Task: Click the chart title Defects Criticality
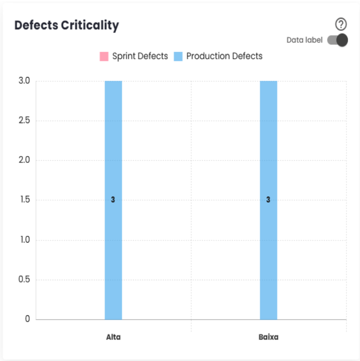tap(66, 25)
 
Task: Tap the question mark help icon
tap(341, 24)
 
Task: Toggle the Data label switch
tap(337, 40)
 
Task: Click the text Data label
tap(305, 40)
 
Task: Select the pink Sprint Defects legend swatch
tap(104, 57)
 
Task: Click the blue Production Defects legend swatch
tap(178, 57)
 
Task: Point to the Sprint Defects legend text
tap(140, 57)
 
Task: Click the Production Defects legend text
tap(224, 57)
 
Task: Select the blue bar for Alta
tap(113, 157)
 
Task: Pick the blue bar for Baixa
tap(268, 157)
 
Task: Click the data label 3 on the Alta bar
tap(113, 200)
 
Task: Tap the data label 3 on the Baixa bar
tap(268, 200)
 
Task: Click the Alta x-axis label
tap(113, 337)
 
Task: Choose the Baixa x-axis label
tap(268, 337)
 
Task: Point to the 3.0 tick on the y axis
tap(24, 81)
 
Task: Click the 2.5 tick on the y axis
tap(24, 121)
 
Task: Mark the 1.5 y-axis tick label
tap(24, 200)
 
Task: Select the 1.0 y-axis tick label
tap(24, 240)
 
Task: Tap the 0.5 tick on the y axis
tap(24, 280)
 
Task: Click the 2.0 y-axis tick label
tap(24, 160)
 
